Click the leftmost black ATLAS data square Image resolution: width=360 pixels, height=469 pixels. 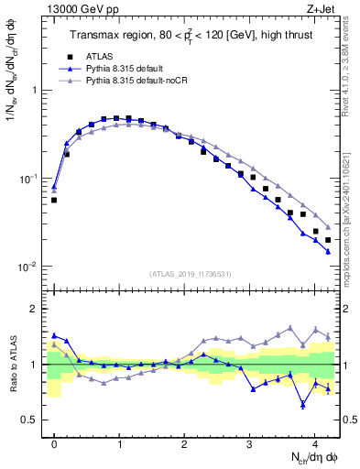click(x=54, y=200)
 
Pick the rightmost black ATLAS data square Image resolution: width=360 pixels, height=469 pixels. click(x=328, y=240)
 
